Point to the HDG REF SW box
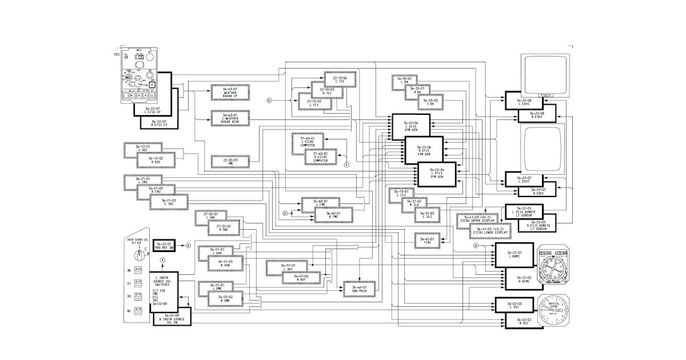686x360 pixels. [163, 246]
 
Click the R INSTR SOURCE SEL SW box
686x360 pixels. [173, 319]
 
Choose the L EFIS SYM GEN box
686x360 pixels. [438, 173]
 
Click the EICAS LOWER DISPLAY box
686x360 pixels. [487, 230]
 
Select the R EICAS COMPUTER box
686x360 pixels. [320, 158]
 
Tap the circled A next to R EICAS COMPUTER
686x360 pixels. [346, 165]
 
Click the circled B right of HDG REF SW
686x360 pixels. [189, 246]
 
